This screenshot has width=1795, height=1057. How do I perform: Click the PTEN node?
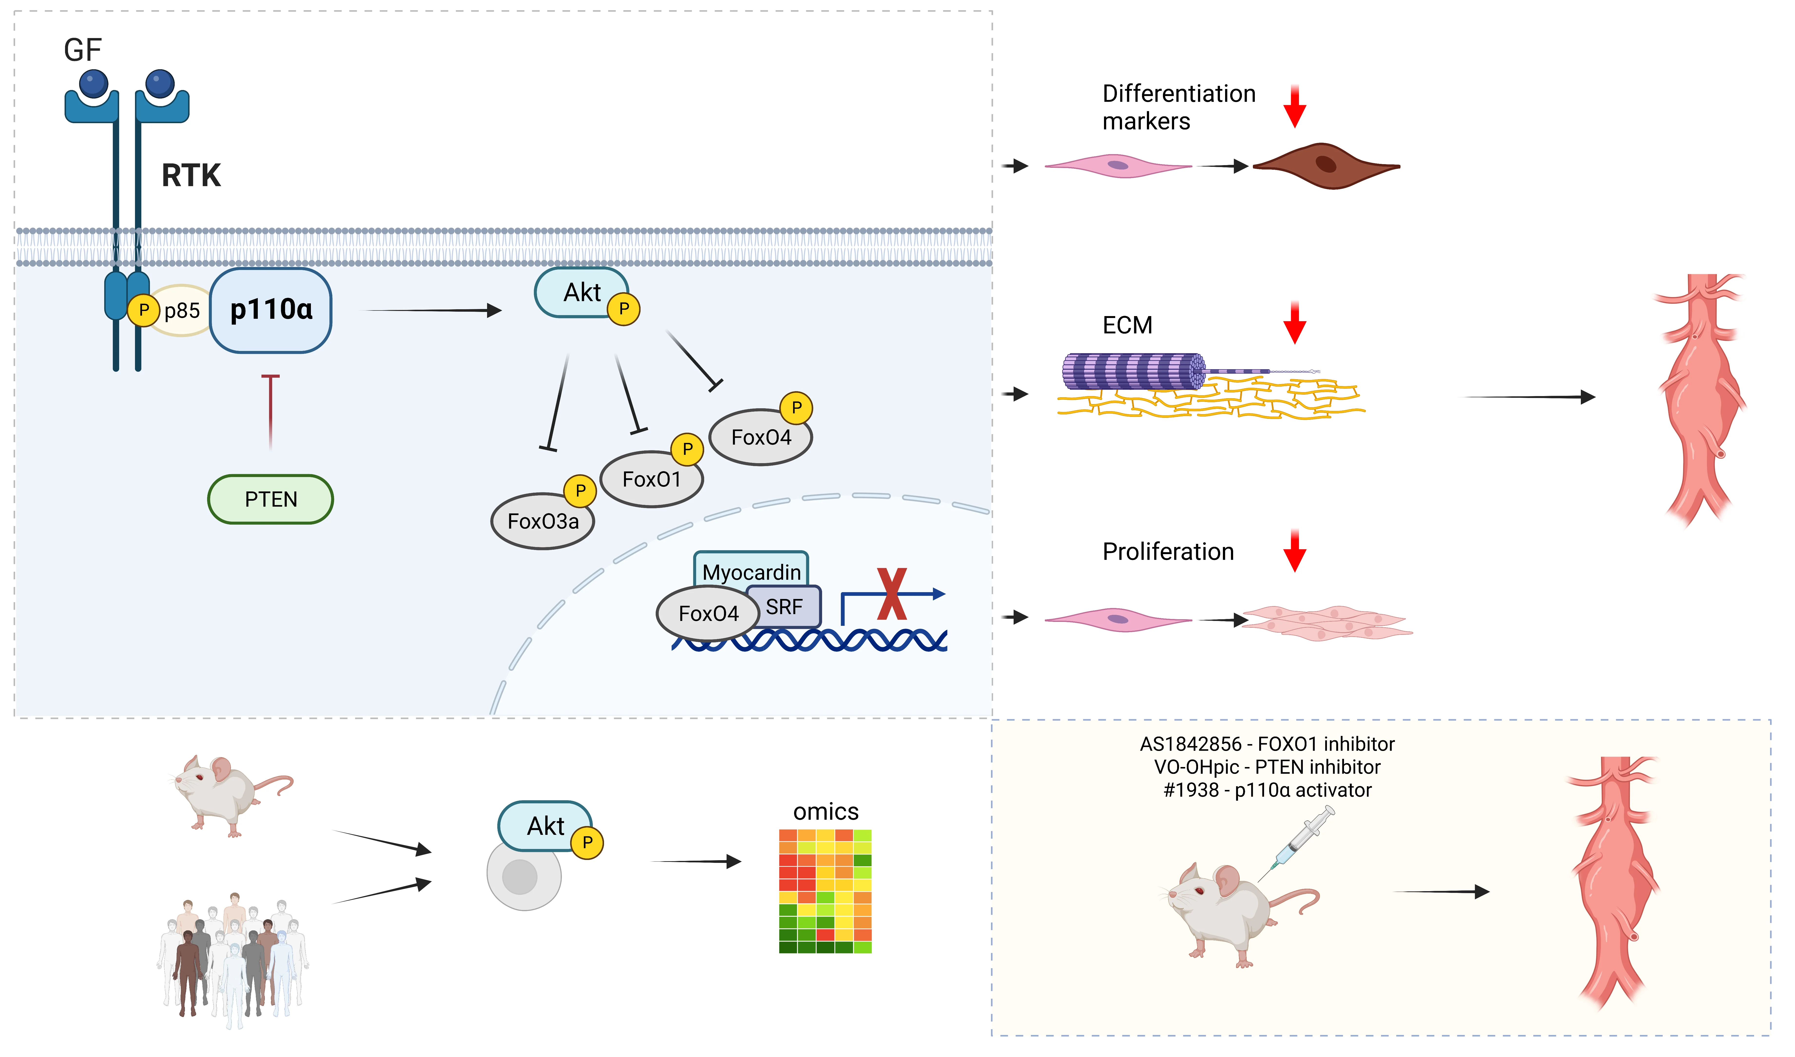[271, 500]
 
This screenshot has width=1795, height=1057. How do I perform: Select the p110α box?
[271, 310]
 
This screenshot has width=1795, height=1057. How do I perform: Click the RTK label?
[191, 175]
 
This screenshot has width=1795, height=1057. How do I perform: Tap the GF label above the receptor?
[83, 50]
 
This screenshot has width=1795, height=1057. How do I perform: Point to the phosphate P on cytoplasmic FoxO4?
[796, 408]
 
